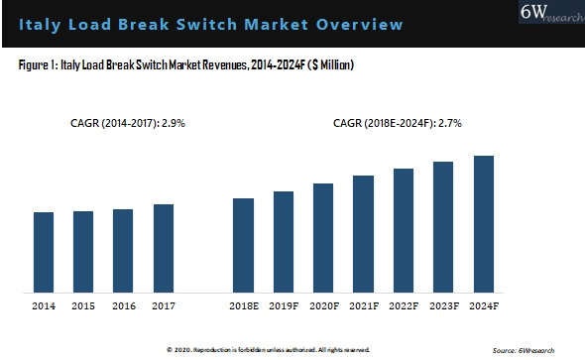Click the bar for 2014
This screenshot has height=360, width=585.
point(44,252)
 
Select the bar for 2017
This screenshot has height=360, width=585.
point(164,248)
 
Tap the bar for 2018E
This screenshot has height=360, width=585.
point(243,245)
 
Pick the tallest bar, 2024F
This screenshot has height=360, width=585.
point(483,224)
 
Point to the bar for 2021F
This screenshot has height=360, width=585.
point(363,234)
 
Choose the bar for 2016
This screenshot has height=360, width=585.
point(123,251)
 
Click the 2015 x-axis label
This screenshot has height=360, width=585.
point(83,306)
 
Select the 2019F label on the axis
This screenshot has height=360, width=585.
point(284,306)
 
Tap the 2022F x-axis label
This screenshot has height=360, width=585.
point(404,306)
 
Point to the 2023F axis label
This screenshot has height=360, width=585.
point(443,306)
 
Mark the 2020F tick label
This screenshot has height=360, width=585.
point(323,306)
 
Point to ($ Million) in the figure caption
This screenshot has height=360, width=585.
point(327,64)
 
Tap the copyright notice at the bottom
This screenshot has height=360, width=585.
point(268,350)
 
